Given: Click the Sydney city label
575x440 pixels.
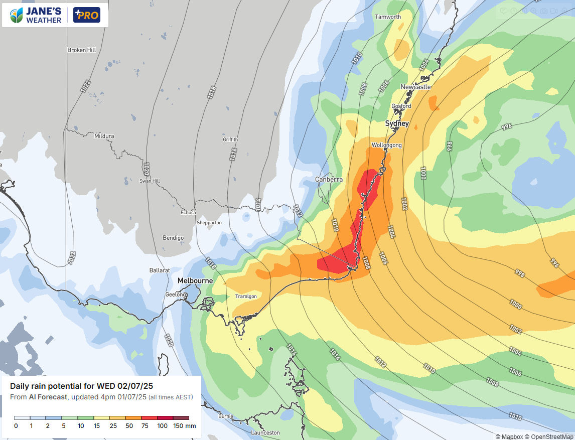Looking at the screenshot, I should [x=397, y=123].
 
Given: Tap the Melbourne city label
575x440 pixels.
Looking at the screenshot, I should [x=195, y=280].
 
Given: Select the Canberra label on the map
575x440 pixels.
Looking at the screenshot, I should [x=329, y=179].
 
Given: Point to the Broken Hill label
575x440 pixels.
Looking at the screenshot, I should [x=81, y=50].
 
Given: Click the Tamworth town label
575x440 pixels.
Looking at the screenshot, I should [x=388, y=17].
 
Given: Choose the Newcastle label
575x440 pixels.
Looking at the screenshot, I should [x=415, y=87].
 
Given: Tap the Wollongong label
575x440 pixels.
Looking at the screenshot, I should [x=386, y=145].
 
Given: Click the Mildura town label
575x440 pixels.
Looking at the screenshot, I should [x=104, y=136].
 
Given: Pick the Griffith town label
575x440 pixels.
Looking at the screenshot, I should [x=230, y=139].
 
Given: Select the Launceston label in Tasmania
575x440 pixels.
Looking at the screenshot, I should [x=265, y=432].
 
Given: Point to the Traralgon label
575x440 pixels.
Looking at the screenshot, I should [x=246, y=297].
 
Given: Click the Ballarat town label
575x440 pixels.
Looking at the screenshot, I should [x=160, y=270].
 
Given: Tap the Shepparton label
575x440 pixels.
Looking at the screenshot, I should [x=209, y=222].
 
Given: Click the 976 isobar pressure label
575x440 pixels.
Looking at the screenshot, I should [x=506, y=126].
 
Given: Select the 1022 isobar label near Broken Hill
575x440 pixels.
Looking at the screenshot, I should [x=84, y=85].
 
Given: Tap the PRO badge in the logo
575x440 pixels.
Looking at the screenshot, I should [x=86, y=15].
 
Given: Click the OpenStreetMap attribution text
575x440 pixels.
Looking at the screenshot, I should [x=549, y=436].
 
